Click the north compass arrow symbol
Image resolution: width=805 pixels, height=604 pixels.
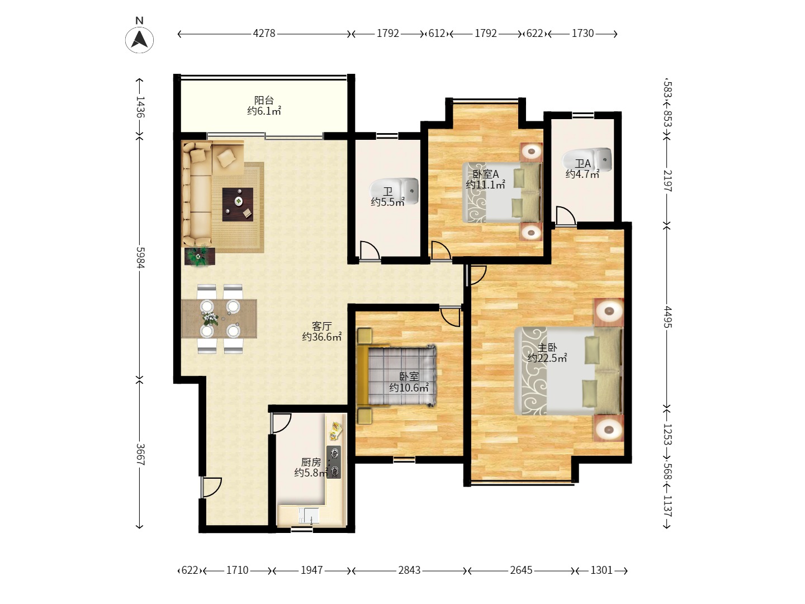point(139,40)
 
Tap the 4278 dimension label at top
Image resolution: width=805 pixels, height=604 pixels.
point(264,34)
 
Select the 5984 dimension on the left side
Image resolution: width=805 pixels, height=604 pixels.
point(140,257)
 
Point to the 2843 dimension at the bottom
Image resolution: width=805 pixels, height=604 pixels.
point(409,570)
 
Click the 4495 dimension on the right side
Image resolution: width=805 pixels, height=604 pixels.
point(667,317)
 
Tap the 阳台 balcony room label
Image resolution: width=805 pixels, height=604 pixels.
point(264,100)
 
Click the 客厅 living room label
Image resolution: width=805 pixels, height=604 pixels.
point(321,325)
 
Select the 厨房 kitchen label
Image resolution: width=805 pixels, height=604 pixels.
point(311,462)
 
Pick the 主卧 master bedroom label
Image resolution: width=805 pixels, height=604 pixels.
point(547,347)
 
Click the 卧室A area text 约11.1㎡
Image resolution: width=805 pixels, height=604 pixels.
point(485,185)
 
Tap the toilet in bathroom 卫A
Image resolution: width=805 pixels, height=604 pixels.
point(587,159)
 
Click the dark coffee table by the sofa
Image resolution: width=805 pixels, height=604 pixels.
point(238,205)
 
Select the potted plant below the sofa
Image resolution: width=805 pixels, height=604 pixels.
point(200,256)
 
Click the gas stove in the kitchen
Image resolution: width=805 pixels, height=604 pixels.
point(334,462)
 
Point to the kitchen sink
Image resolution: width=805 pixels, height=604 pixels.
point(309,515)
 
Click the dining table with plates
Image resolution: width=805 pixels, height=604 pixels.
point(219,318)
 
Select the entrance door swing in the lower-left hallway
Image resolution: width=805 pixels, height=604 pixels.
point(211,487)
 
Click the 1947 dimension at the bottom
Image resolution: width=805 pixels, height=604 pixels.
point(312,570)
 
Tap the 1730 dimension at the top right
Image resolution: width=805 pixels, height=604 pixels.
point(583,34)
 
